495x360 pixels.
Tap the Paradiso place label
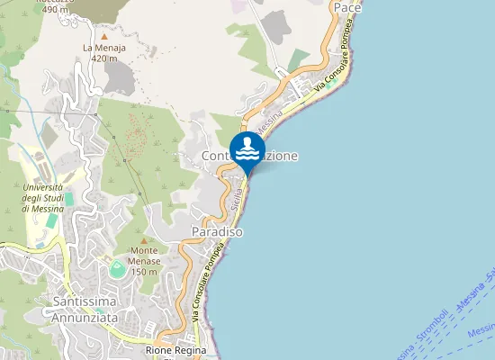pyautogui.click(x=218, y=232)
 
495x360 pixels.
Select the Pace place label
pyautogui.click(x=347, y=7)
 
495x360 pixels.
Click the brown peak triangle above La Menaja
pyautogui.click(x=103, y=36)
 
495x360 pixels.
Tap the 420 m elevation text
pyautogui.click(x=104, y=58)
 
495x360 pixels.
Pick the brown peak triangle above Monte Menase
pyautogui.click(x=144, y=239)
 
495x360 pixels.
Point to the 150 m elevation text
pyautogui.click(x=145, y=272)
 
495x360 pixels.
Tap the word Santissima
pyautogui.click(x=86, y=301)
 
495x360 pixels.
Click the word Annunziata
pyautogui.click(x=86, y=316)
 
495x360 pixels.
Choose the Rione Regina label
pyautogui.click(x=176, y=350)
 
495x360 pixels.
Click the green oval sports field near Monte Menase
pyautogui.click(x=116, y=267)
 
